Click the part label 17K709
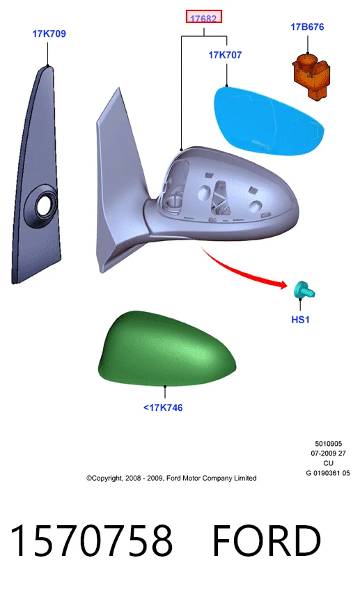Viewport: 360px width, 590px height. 49,34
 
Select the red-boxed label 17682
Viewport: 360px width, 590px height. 203,17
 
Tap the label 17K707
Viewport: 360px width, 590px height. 225,55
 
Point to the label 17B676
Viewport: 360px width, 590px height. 307,27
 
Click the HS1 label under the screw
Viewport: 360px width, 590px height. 300,320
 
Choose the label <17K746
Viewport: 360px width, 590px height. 163,408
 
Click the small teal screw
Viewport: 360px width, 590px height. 304,290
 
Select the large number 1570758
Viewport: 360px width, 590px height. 91,541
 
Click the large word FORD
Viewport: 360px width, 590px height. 267,541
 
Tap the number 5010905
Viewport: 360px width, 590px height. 329,444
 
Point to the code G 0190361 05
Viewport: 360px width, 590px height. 328,474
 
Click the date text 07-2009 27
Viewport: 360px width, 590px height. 329,453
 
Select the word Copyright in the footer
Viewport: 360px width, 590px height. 107,479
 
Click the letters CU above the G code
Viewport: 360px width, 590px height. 329,464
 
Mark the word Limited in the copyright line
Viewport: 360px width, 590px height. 245,479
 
